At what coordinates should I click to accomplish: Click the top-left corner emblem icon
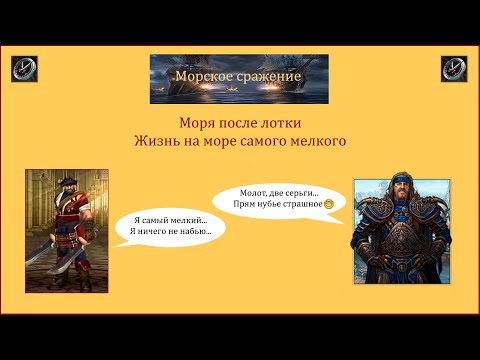tap(25, 69)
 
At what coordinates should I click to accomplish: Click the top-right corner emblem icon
tap(454, 69)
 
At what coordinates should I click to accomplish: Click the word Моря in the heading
tap(197, 124)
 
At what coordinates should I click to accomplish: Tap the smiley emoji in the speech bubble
tap(328, 204)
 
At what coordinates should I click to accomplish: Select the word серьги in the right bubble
tap(310, 192)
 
